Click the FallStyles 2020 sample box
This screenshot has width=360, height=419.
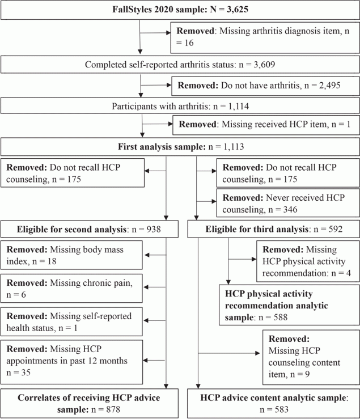180,11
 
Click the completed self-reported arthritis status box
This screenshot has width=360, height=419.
180,64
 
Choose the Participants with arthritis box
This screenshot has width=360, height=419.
180,105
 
